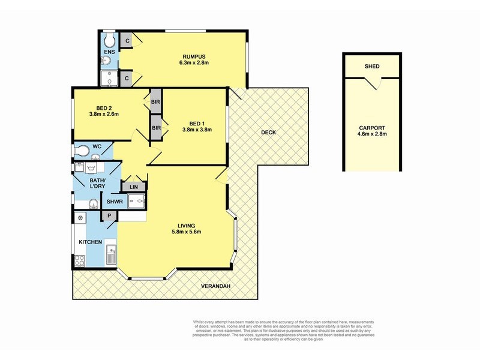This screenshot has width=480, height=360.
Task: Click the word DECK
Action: tap(268, 133)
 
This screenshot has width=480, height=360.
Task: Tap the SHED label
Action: tap(372, 66)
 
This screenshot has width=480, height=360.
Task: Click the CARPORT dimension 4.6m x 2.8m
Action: tap(372, 135)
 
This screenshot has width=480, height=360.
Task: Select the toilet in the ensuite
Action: tap(109, 40)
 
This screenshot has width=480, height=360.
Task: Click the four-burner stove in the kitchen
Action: tap(79, 261)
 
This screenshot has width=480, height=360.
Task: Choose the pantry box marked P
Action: tap(110, 215)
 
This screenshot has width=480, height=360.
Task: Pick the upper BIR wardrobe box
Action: tap(155, 101)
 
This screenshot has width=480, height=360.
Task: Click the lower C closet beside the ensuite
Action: tap(127, 78)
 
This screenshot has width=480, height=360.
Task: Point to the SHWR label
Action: tap(115, 202)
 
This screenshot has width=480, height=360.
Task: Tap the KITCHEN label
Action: tap(91, 242)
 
